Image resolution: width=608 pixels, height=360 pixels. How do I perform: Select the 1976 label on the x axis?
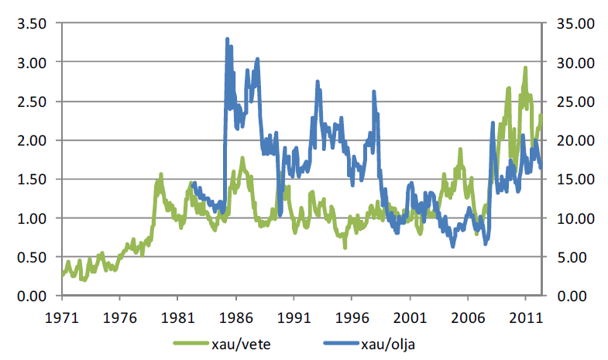pyautogui.click(x=119, y=317)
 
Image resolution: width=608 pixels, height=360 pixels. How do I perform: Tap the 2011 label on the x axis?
pyautogui.click(x=525, y=317)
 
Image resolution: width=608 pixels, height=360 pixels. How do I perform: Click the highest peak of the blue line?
pyautogui.click(x=227, y=39)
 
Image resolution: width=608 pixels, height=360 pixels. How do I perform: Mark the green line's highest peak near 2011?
pyautogui.click(x=525, y=68)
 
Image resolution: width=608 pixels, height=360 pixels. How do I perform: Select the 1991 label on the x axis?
pyautogui.click(x=293, y=317)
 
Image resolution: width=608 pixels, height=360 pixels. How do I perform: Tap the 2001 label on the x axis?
pyautogui.click(x=409, y=317)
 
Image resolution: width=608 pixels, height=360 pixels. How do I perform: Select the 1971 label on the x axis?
pyautogui.click(x=60, y=317)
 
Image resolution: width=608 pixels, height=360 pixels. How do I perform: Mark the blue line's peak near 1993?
pyautogui.click(x=318, y=81)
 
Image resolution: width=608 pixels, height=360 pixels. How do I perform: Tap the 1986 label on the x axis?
pyautogui.click(x=235, y=317)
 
